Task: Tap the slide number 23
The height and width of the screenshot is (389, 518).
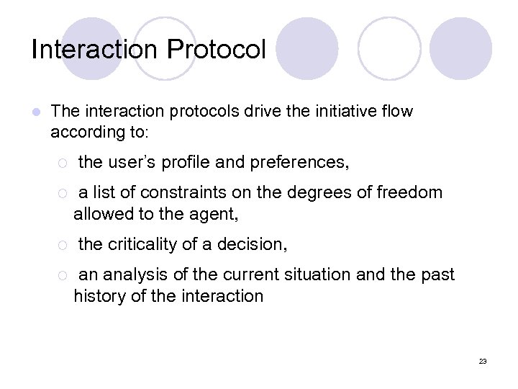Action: point(482,361)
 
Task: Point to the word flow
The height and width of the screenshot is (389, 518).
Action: point(399,112)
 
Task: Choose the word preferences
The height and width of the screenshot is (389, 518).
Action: point(299,163)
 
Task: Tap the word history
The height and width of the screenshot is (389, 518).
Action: point(98,296)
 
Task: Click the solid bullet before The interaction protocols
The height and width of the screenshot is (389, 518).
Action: point(35,112)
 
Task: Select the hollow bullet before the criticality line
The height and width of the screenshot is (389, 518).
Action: point(63,246)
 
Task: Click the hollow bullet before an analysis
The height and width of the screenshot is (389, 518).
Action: point(63,276)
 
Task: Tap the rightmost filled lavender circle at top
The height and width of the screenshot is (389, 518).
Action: point(461,48)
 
